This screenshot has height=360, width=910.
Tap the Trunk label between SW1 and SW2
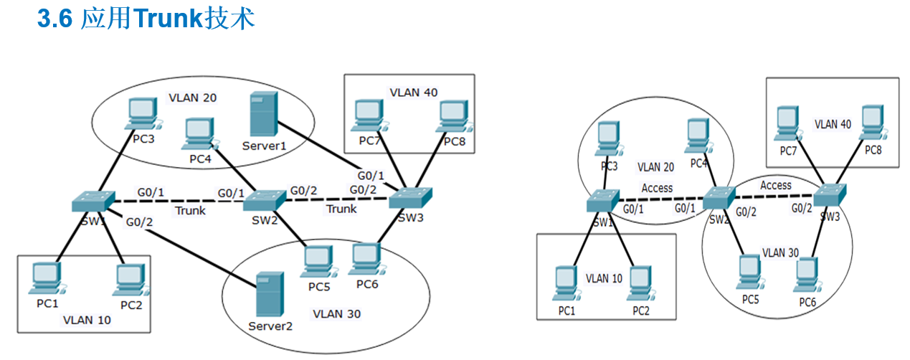(x=190, y=211)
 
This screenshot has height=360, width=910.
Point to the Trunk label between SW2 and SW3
(x=341, y=209)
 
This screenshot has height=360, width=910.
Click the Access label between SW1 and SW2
(x=657, y=189)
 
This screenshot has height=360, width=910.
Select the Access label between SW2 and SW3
(x=776, y=185)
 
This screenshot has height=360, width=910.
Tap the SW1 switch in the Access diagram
(x=602, y=202)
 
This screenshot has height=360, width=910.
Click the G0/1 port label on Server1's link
(x=371, y=175)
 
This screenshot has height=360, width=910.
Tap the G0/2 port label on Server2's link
(x=140, y=223)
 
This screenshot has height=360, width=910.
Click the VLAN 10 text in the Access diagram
(x=604, y=278)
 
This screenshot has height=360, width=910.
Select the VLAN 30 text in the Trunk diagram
(x=337, y=314)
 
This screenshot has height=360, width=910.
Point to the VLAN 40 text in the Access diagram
(x=833, y=124)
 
